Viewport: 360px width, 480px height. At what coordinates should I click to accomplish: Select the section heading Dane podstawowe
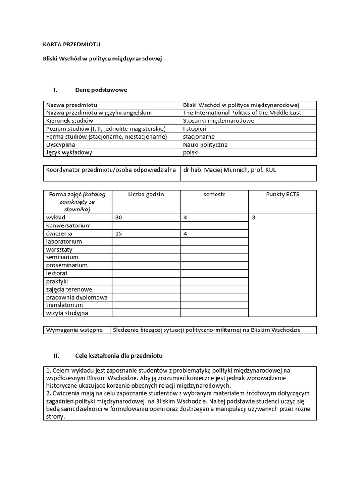click(x=101, y=90)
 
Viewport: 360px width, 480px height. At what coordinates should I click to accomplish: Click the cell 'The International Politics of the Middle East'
click(x=242, y=113)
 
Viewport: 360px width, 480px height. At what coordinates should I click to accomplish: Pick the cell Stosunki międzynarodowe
click(x=218, y=121)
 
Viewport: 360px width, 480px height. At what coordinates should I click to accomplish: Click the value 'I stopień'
click(x=195, y=129)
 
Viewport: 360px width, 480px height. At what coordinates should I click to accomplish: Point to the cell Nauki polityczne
click(x=205, y=145)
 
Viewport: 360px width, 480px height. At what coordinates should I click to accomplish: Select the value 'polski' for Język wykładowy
click(x=191, y=153)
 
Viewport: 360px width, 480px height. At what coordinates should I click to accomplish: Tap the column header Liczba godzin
click(x=146, y=194)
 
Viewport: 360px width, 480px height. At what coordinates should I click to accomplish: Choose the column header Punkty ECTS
click(x=282, y=194)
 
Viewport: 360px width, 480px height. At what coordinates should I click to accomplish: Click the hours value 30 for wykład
click(x=119, y=217)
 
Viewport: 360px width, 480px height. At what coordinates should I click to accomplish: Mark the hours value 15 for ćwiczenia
click(x=118, y=233)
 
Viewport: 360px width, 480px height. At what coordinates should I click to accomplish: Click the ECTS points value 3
click(x=254, y=217)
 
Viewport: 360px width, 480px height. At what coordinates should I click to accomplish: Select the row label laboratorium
click(x=64, y=241)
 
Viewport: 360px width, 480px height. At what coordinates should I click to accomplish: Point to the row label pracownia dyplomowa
click(x=77, y=297)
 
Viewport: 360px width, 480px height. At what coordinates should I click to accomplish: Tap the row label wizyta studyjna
click(x=67, y=313)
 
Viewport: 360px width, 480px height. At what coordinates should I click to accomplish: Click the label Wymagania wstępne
click(x=74, y=330)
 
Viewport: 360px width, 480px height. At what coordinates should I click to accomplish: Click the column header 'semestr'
click(x=214, y=194)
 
